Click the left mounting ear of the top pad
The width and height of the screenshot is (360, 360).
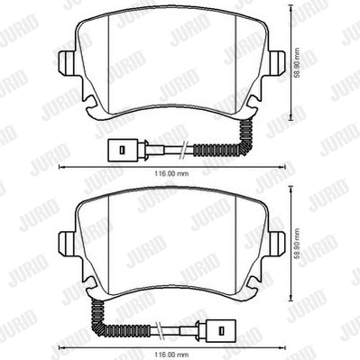66,64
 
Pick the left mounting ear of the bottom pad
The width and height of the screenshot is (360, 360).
66,242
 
